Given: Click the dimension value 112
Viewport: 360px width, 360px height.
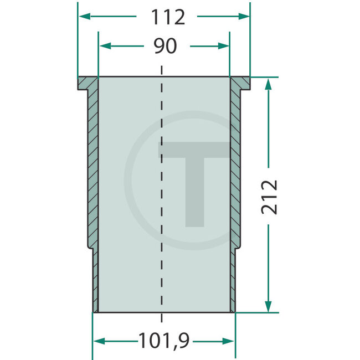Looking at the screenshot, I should pyautogui.click(x=166, y=17).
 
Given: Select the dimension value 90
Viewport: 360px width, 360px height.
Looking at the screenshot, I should pyautogui.click(x=166, y=47).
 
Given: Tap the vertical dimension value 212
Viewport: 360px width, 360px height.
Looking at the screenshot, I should pyautogui.click(x=269, y=196).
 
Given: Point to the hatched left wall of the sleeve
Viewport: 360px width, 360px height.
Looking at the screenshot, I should pyautogui.click(x=92, y=166).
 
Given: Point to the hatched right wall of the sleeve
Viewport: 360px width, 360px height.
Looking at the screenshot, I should pyautogui.click(x=235, y=166).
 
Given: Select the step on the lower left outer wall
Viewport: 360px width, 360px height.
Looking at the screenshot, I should pyautogui.click(x=90, y=248).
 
